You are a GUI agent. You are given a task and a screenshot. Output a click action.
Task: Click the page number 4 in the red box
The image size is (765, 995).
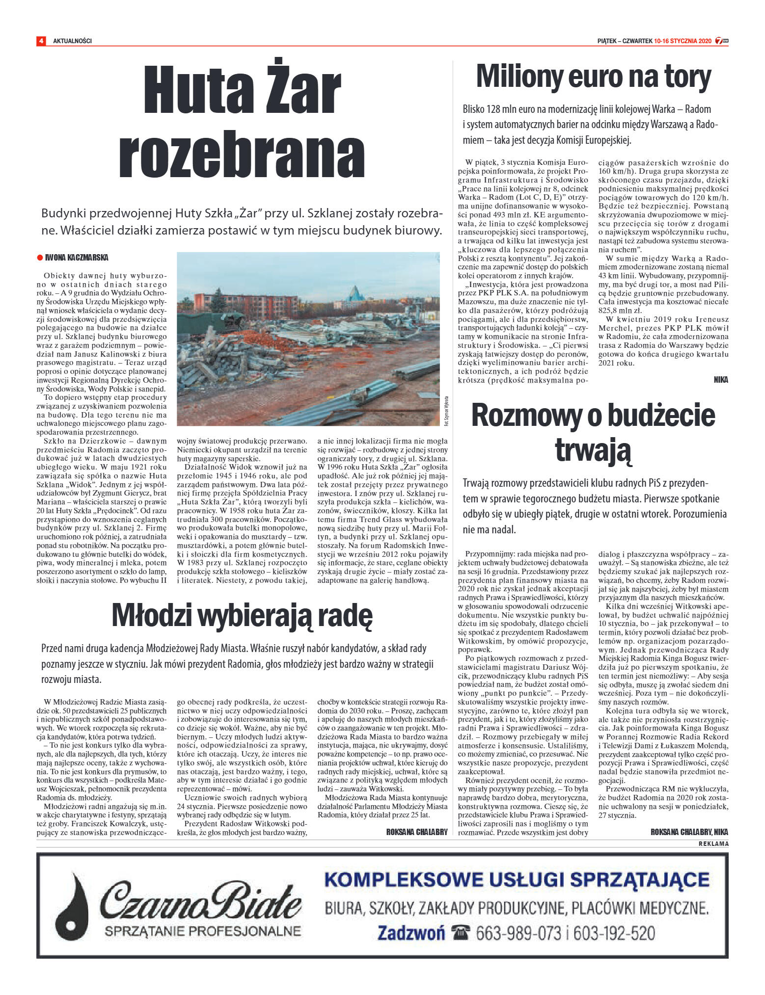point(41,41)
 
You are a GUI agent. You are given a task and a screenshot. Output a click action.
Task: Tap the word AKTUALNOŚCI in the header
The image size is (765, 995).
point(72,41)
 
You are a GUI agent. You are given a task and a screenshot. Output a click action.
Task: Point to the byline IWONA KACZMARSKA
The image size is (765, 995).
point(77,258)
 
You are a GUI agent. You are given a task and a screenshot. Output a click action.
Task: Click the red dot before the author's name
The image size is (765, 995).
point(40,258)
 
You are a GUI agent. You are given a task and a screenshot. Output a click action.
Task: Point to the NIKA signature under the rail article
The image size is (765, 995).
point(721,380)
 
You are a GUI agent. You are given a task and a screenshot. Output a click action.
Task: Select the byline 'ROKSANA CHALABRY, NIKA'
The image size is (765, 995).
point(689,832)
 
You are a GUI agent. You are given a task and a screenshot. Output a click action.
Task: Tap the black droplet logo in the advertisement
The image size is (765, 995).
point(72,906)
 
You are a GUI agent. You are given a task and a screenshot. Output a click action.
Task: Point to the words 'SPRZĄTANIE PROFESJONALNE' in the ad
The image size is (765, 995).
point(202,931)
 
